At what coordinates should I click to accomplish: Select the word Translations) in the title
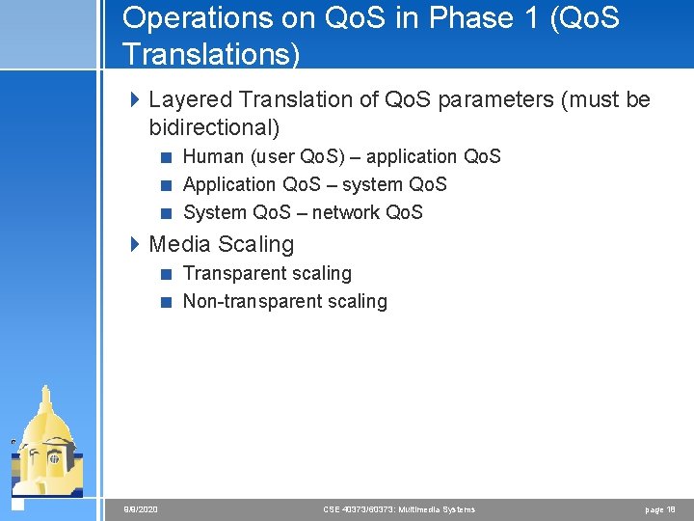[211, 54]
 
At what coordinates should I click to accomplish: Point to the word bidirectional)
[214, 127]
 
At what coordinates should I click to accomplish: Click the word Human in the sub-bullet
[211, 156]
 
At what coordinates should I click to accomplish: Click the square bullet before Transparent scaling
[166, 274]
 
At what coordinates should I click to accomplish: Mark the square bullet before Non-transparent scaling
[166, 302]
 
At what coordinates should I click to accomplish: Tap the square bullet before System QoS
[166, 213]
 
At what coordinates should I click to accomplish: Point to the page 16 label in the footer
[660, 509]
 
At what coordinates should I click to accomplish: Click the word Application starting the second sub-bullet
[228, 184]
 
